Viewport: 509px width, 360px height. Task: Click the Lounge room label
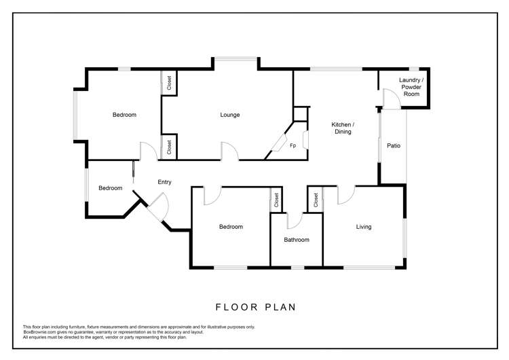(230, 115)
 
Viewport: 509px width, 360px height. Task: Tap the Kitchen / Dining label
(343, 128)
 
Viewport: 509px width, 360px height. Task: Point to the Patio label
(394, 145)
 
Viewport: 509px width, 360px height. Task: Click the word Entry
(164, 182)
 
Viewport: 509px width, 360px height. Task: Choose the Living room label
(364, 227)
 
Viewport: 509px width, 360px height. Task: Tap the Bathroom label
(297, 240)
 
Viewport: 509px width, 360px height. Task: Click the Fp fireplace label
(293, 145)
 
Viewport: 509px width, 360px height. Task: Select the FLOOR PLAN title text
(256, 307)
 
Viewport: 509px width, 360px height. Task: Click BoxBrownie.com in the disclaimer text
(39, 331)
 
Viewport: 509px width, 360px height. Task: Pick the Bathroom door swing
(295, 221)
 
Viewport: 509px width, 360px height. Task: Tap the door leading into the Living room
(345, 195)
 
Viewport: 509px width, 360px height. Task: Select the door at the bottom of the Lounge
(230, 151)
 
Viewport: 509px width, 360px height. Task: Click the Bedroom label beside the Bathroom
(231, 227)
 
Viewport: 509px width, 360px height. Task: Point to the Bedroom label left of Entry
(110, 188)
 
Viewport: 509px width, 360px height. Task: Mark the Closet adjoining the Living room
(316, 200)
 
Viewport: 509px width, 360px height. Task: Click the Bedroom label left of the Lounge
(124, 115)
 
